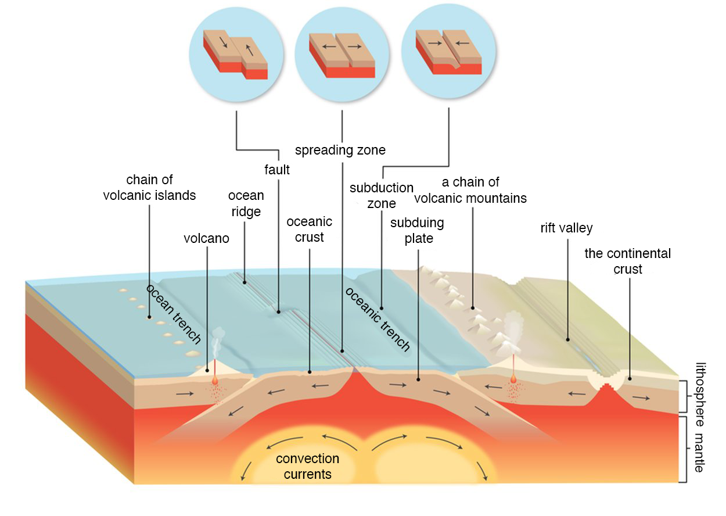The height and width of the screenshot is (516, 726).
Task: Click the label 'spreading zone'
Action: [340, 150]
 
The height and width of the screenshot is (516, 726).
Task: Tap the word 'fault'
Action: [276, 171]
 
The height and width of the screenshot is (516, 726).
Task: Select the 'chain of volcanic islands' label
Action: [149, 188]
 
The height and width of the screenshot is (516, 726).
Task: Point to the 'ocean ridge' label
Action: [246, 204]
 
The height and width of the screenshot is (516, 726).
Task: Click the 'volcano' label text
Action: [206, 238]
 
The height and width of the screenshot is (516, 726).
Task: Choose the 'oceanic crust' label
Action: [309, 230]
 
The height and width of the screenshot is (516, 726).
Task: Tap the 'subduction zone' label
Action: [382, 196]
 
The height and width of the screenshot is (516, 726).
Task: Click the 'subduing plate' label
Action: [417, 231]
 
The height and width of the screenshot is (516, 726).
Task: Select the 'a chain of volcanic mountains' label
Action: [470, 191]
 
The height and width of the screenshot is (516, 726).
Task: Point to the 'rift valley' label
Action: [566, 228]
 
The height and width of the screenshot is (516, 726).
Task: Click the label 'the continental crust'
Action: [627, 261]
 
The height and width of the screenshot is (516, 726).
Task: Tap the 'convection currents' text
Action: [307, 467]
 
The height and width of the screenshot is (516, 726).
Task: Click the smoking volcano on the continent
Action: [512, 334]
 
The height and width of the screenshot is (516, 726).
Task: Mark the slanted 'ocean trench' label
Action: [174, 314]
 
